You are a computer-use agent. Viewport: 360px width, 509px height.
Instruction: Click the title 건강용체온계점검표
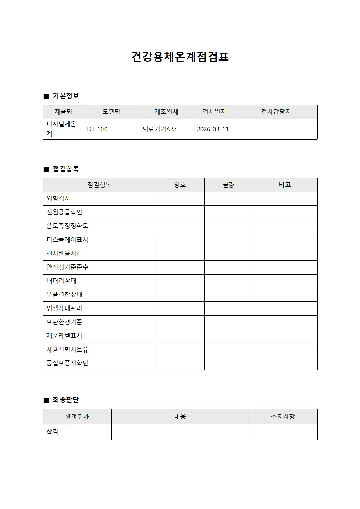click(180, 57)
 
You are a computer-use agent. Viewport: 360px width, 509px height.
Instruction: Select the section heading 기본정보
click(65, 96)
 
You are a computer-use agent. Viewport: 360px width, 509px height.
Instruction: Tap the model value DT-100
click(97, 129)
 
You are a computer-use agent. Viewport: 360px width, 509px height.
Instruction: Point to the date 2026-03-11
click(213, 129)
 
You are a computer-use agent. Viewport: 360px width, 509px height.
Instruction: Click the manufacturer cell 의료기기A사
click(159, 129)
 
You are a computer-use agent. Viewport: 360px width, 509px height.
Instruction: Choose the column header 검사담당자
click(276, 112)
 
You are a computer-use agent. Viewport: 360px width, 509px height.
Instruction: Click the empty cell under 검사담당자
click(276, 129)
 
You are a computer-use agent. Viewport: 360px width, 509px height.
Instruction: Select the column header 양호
click(180, 185)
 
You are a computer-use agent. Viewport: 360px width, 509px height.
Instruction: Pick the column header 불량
click(228, 185)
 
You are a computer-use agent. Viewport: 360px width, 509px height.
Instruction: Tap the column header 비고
click(285, 185)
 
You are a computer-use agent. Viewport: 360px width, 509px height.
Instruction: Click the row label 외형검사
click(58, 198)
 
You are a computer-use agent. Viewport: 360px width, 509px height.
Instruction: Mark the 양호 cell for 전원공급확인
click(180, 212)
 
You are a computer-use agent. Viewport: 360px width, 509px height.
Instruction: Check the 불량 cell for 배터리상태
click(228, 281)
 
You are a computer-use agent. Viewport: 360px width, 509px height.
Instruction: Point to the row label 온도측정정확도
click(67, 226)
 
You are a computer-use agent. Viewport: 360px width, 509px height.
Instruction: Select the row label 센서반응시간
click(64, 254)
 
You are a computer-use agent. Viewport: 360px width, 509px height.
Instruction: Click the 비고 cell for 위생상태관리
click(285, 309)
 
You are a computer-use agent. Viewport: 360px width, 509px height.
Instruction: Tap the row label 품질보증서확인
click(67, 363)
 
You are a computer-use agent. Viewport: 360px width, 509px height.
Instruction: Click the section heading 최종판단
click(65, 400)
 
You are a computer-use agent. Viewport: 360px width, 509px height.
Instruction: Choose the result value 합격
click(52, 432)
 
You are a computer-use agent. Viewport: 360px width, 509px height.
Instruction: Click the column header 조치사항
click(283, 416)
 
